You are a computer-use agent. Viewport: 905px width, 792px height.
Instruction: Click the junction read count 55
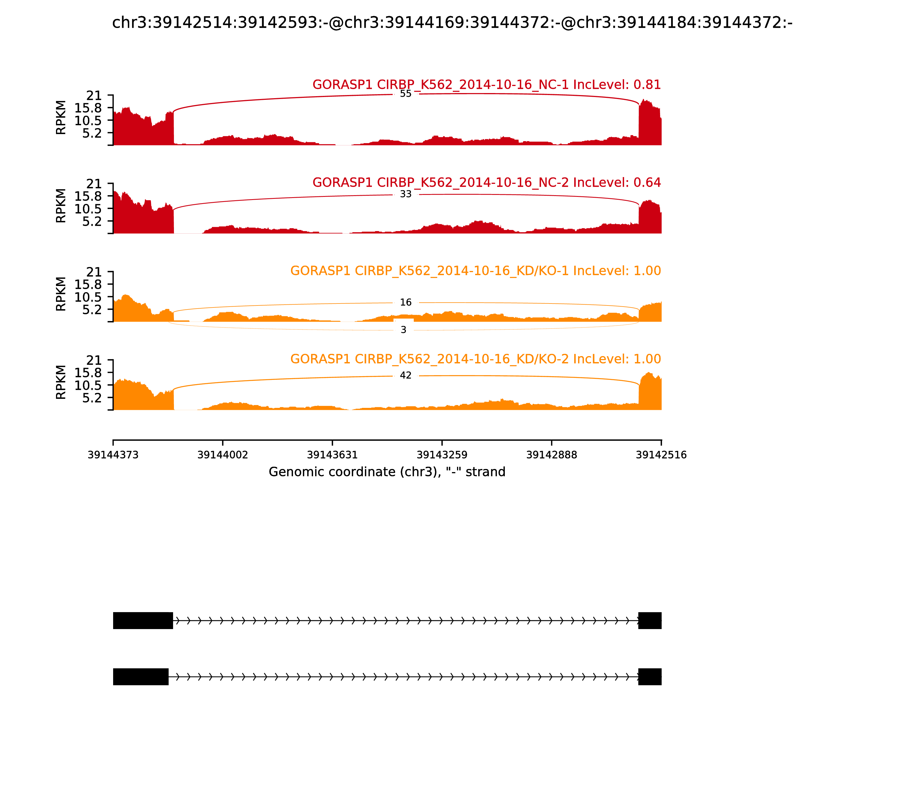(405, 94)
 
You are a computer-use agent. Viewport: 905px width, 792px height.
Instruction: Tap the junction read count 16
(405, 302)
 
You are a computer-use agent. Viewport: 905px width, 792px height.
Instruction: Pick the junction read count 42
(405, 375)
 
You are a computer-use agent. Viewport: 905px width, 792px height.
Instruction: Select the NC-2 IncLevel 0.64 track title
(486, 182)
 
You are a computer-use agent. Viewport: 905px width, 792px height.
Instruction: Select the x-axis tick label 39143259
(441, 455)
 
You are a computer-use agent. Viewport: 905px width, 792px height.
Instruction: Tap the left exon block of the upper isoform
(143, 621)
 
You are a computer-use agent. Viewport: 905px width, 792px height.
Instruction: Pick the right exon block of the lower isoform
(650, 677)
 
